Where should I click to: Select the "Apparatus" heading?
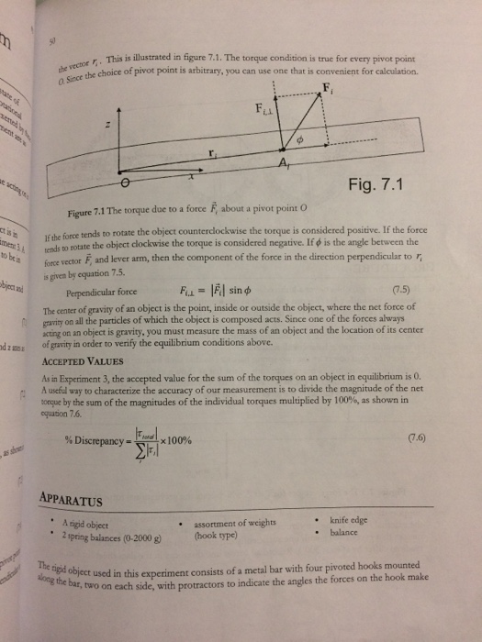point(77,501)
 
